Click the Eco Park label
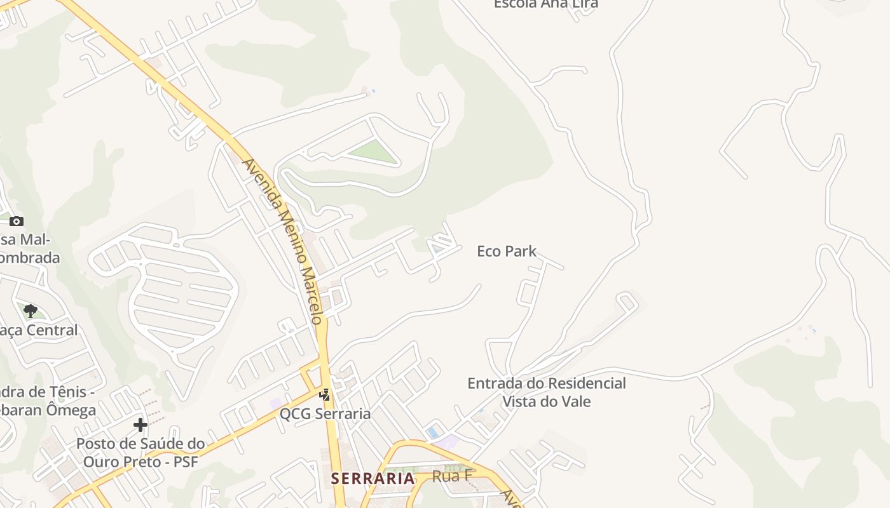507,251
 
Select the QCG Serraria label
325,414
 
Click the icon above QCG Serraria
325,395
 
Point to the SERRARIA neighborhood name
373,478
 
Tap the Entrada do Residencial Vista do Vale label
546,392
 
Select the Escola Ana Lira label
545,4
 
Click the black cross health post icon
140,424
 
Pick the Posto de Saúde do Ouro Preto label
140,452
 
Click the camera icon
17,221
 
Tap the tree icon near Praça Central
30,311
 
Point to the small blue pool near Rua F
434,432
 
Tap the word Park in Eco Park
521,251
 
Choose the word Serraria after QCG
340,414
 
